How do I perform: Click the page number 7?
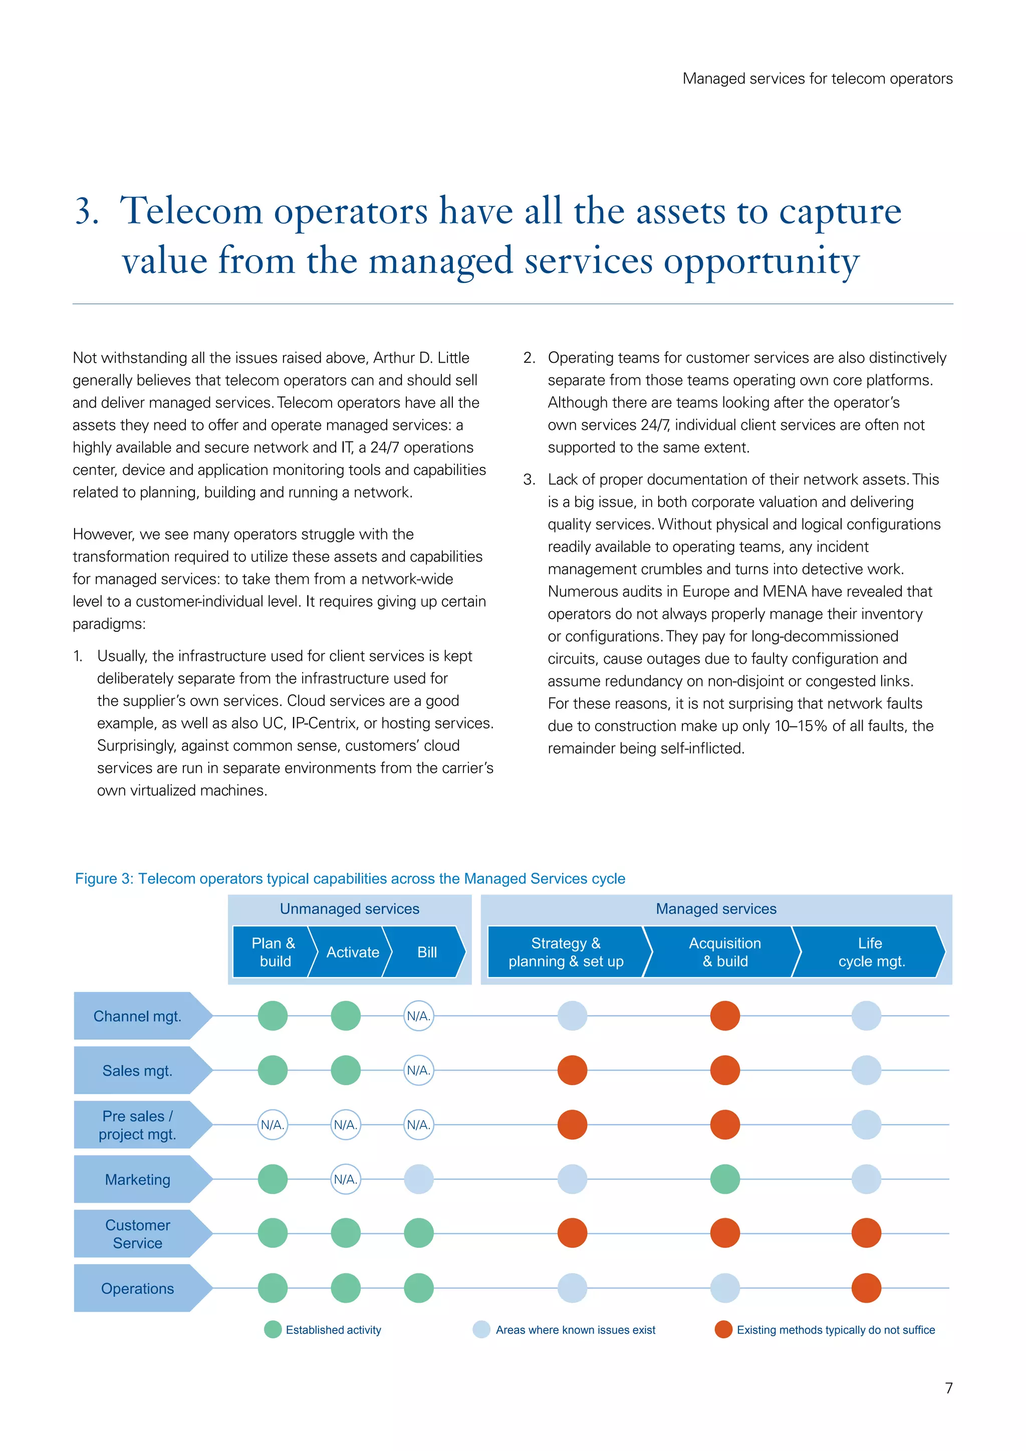(x=948, y=1388)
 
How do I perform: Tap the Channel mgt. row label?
(x=137, y=1016)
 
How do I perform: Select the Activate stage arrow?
(x=352, y=952)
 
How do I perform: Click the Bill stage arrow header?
(x=426, y=952)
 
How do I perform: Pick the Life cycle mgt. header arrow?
(x=871, y=952)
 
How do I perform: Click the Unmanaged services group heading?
(x=349, y=909)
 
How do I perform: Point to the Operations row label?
(x=137, y=1289)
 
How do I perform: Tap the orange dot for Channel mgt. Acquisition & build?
(x=724, y=1016)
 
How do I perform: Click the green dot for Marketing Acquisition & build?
(x=724, y=1179)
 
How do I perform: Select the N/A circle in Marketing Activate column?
(x=346, y=1179)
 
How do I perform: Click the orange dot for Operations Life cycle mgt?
(x=866, y=1288)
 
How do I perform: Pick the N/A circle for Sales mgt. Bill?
(x=418, y=1071)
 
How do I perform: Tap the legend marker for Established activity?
(x=273, y=1330)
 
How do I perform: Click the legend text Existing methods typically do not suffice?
(x=835, y=1330)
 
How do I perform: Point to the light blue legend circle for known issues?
(x=481, y=1330)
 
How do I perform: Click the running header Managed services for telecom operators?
(x=818, y=79)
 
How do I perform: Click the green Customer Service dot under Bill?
(x=418, y=1234)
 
